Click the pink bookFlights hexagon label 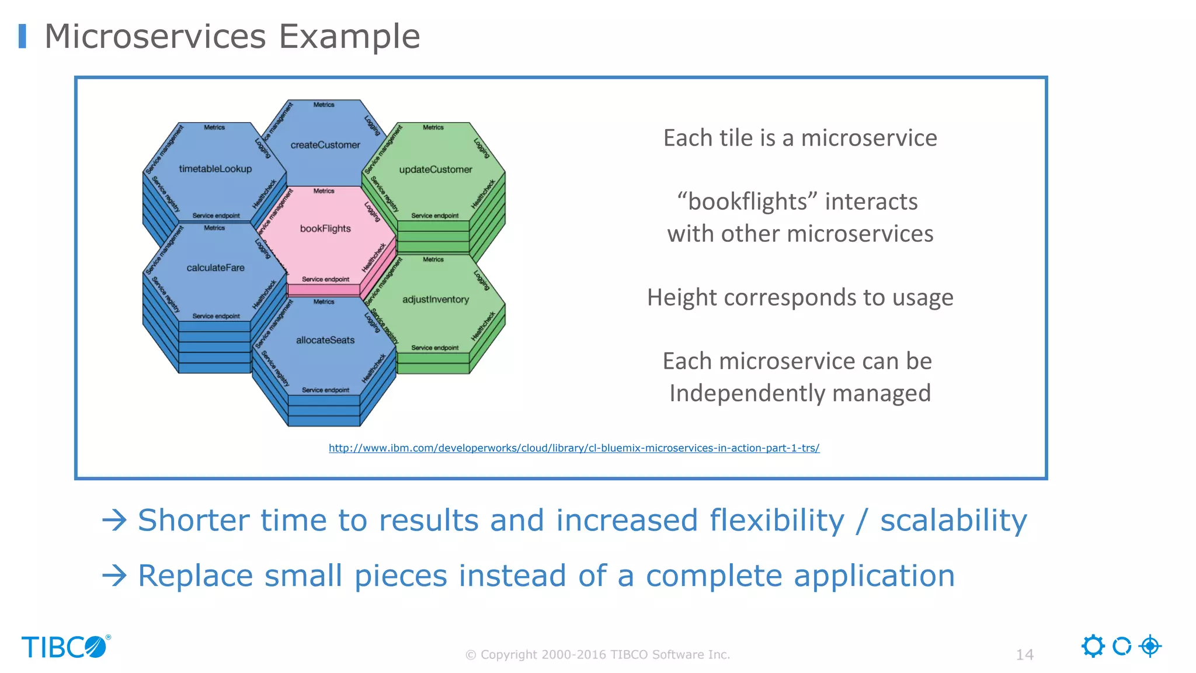(x=325, y=228)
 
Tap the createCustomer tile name (x=325, y=145)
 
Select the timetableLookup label (x=215, y=169)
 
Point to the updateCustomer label (x=436, y=169)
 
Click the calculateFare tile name (x=215, y=268)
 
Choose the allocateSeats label (x=325, y=340)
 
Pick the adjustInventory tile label (x=436, y=300)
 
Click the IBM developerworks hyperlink (x=573, y=448)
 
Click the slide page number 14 (x=1024, y=654)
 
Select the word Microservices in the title (x=155, y=36)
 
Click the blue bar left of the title (x=22, y=36)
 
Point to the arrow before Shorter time (x=114, y=520)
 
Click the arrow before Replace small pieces (x=114, y=575)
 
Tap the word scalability (x=953, y=520)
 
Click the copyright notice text (x=597, y=654)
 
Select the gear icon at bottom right (x=1093, y=646)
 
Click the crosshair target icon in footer (x=1150, y=646)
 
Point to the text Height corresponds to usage (x=800, y=297)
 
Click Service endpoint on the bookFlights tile (x=325, y=279)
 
